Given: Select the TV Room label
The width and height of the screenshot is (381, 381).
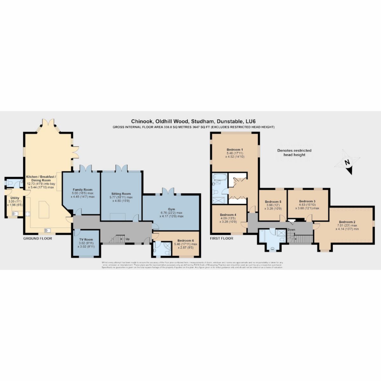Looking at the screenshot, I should click(86, 239).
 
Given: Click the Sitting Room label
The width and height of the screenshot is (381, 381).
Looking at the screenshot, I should click(121, 194).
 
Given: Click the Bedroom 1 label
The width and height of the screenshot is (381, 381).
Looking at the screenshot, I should click(235, 149).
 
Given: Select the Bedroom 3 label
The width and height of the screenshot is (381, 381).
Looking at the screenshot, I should click(307, 201).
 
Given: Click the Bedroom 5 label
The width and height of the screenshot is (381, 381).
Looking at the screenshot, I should click(273, 202).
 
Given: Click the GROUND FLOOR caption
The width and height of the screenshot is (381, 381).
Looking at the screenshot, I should click(37, 238).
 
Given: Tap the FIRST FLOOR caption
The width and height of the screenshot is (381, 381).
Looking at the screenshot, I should click(222, 238).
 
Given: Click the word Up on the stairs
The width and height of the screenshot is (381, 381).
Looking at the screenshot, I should click(128, 239).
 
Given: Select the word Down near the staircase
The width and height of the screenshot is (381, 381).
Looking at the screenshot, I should click(291, 229).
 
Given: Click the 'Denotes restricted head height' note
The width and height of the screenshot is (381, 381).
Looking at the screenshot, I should click(294, 152).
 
